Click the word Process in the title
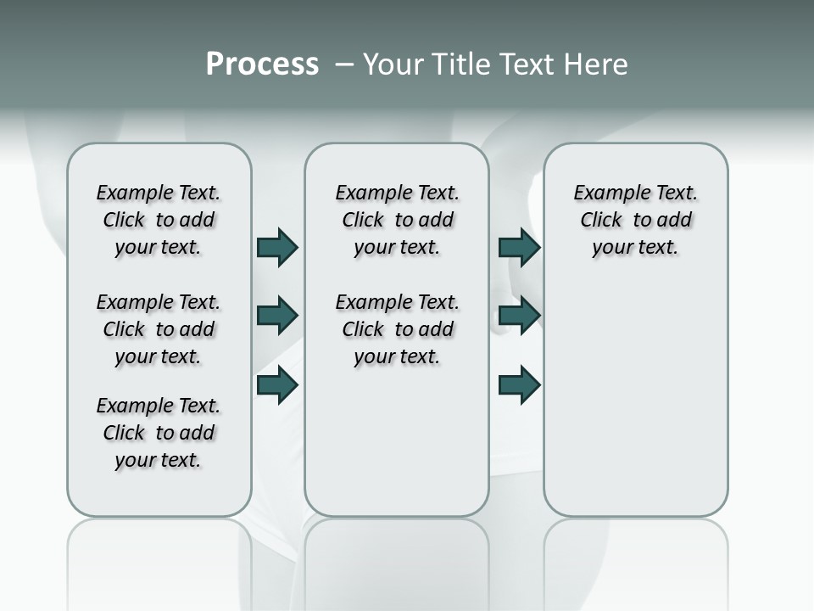[262, 64]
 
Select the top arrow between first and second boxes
[277, 247]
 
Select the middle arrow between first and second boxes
[277, 316]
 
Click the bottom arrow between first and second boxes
[277, 384]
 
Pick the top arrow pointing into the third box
[519, 247]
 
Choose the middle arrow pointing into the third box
[519, 316]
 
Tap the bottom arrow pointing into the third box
[519, 384]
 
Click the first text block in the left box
[159, 220]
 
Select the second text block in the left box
[159, 329]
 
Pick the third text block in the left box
[159, 433]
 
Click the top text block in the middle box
[397, 220]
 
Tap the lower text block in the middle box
[397, 329]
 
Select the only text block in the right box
[636, 220]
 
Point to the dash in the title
[344, 65]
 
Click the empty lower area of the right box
[636, 407]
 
